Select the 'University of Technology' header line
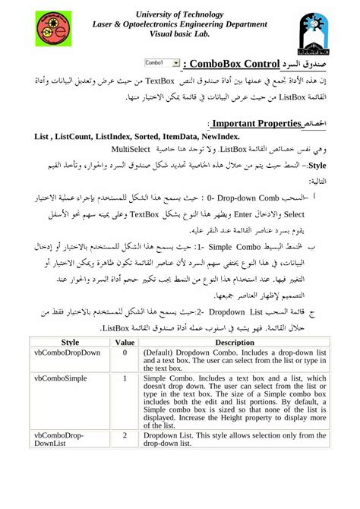point(179,13)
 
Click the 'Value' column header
point(124,342)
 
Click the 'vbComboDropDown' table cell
point(68,353)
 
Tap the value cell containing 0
point(124,353)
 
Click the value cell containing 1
point(124,377)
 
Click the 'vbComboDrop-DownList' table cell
point(61,441)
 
